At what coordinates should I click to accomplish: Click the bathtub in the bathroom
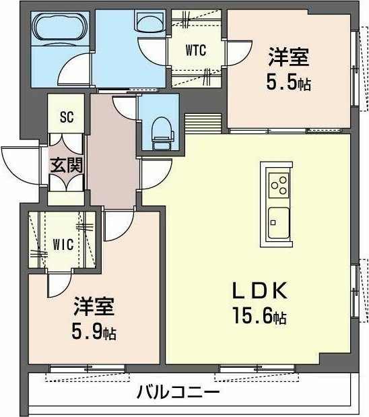(61, 28)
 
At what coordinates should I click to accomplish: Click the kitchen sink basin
(279, 223)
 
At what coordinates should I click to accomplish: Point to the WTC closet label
(196, 50)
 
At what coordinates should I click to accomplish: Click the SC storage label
(67, 117)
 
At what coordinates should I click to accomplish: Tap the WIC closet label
(63, 244)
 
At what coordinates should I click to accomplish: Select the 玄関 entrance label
(67, 166)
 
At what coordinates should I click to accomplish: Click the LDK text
(260, 290)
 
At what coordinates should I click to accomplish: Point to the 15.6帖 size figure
(259, 316)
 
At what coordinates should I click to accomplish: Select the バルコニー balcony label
(178, 392)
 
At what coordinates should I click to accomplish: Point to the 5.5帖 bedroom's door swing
(238, 53)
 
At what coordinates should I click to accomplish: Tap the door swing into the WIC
(59, 284)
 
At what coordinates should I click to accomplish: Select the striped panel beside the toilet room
(203, 123)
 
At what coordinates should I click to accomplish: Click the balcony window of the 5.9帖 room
(87, 368)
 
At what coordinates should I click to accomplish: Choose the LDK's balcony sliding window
(257, 368)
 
